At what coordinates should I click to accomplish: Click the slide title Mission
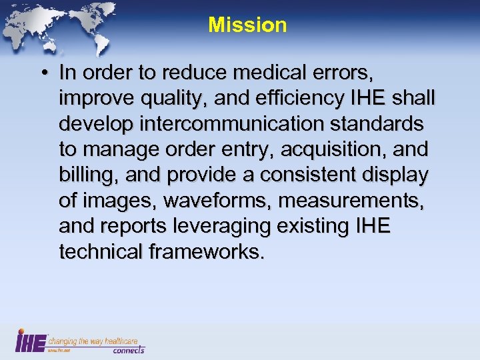(x=247, y=25)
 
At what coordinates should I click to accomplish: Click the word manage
(x=118, y=150)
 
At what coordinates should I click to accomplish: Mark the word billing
(x=85, y=175)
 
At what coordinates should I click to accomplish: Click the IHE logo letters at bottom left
(x=30, y=341)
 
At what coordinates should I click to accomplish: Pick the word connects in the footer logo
(x=128, y=350)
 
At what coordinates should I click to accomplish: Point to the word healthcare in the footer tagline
(x=122, y=341)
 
